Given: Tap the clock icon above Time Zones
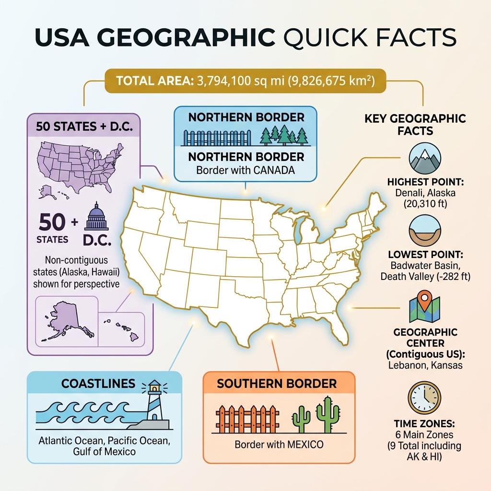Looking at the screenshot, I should click(424, 397).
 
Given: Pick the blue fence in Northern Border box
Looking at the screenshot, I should click(218, 137).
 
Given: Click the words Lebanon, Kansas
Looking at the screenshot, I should click(425, 365).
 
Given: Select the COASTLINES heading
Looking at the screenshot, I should click(98, 384).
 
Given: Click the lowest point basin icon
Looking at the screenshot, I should click(424, 233).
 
